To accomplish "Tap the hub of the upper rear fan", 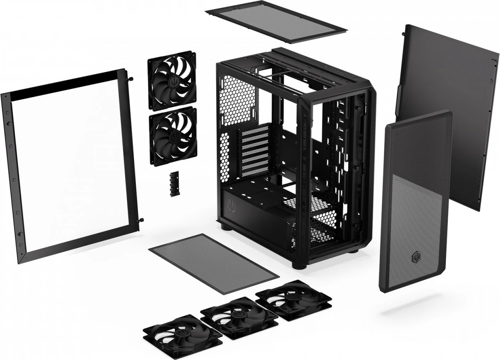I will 172,81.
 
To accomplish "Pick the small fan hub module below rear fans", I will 174,184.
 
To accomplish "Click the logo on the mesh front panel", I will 415,258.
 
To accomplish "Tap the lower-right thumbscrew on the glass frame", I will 141,220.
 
